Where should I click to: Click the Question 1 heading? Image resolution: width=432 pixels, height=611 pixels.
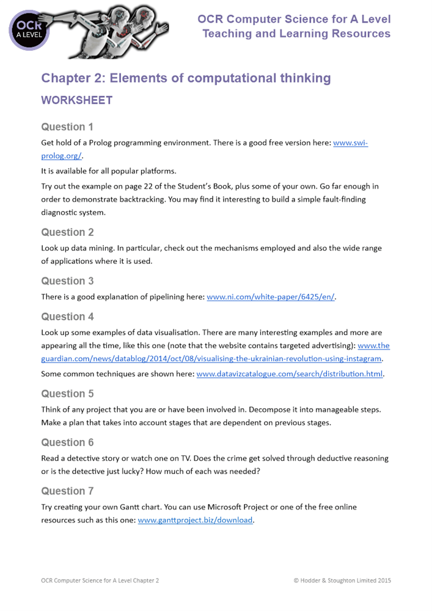(67, 127)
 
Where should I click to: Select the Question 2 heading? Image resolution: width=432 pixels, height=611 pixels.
(67, 232)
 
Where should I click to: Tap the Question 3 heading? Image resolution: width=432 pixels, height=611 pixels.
(67, 281)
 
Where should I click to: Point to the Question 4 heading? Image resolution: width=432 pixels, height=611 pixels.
(67, 316)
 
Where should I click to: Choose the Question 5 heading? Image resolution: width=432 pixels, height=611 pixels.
(67, 393)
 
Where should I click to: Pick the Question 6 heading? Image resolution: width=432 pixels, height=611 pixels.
(67, 442)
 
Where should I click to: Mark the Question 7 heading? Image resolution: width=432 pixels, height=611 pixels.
(67, 491)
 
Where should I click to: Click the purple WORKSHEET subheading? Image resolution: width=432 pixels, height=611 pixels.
(76, 100)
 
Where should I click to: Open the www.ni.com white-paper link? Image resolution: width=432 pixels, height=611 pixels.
(271, 298)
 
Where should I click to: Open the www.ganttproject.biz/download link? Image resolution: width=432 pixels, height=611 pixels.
(195, 521)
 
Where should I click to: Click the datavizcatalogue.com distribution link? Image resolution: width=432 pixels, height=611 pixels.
(290, 374)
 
